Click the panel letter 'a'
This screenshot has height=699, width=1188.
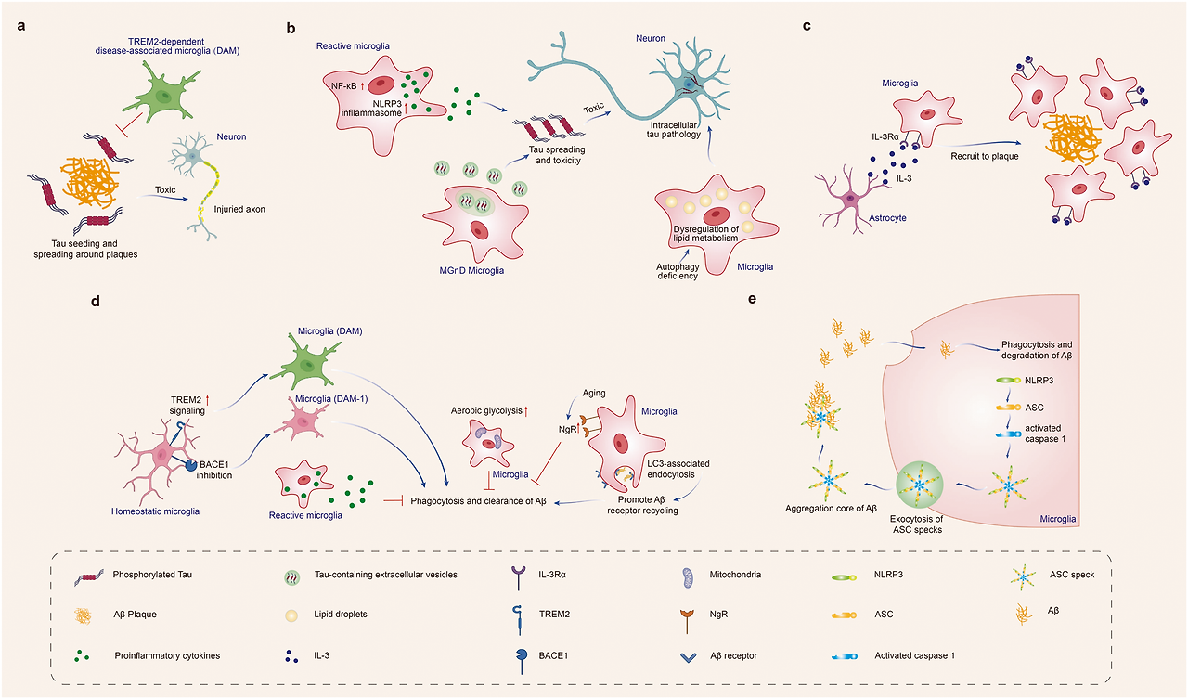coord(21,27)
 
